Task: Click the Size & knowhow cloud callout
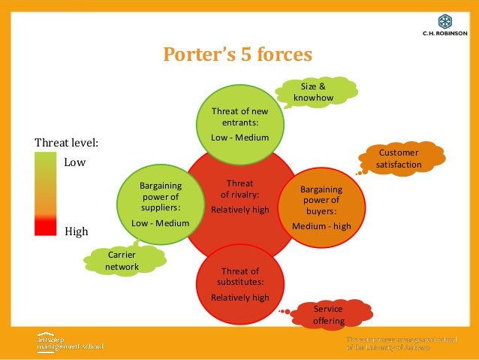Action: tap(313, 92)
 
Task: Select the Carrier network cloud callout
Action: tap(122, 261)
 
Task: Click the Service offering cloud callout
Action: tap(328, 315)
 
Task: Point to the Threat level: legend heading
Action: tap(67, 141)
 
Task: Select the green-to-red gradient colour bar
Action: tap(45, 194)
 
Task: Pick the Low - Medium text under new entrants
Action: tap(239, 138)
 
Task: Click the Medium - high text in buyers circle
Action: tap(321, 226)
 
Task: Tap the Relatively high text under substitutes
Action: tap(239, 297)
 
